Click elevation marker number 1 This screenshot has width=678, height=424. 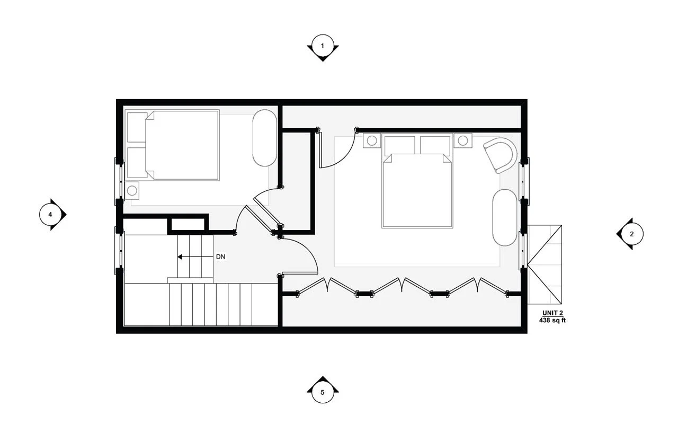[323, 46]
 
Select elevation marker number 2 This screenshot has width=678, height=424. [631, 234]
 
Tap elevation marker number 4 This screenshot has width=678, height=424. [50, 215]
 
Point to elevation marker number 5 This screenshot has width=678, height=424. [323, 392]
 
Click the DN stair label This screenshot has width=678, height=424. [221, 257]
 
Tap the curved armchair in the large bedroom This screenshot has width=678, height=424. [501, 155]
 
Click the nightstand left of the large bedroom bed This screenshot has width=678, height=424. [372, 140]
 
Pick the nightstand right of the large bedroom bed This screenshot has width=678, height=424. [463, 140]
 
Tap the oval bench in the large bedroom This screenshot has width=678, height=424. [505, 217]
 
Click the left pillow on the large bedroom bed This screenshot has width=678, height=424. [399, 145]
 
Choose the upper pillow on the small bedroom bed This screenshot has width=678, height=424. [137, 127]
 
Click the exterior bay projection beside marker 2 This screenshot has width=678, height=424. [544, 264]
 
